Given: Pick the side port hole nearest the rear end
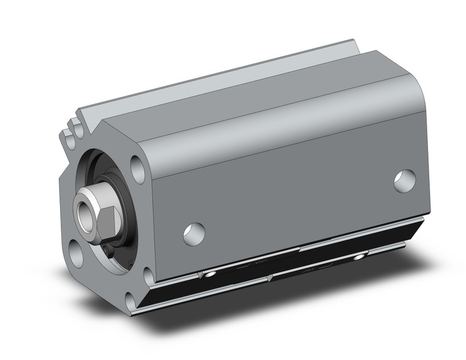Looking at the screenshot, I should click(x=405, y=181).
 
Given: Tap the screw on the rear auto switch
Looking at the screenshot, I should click(x=359, y=255).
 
